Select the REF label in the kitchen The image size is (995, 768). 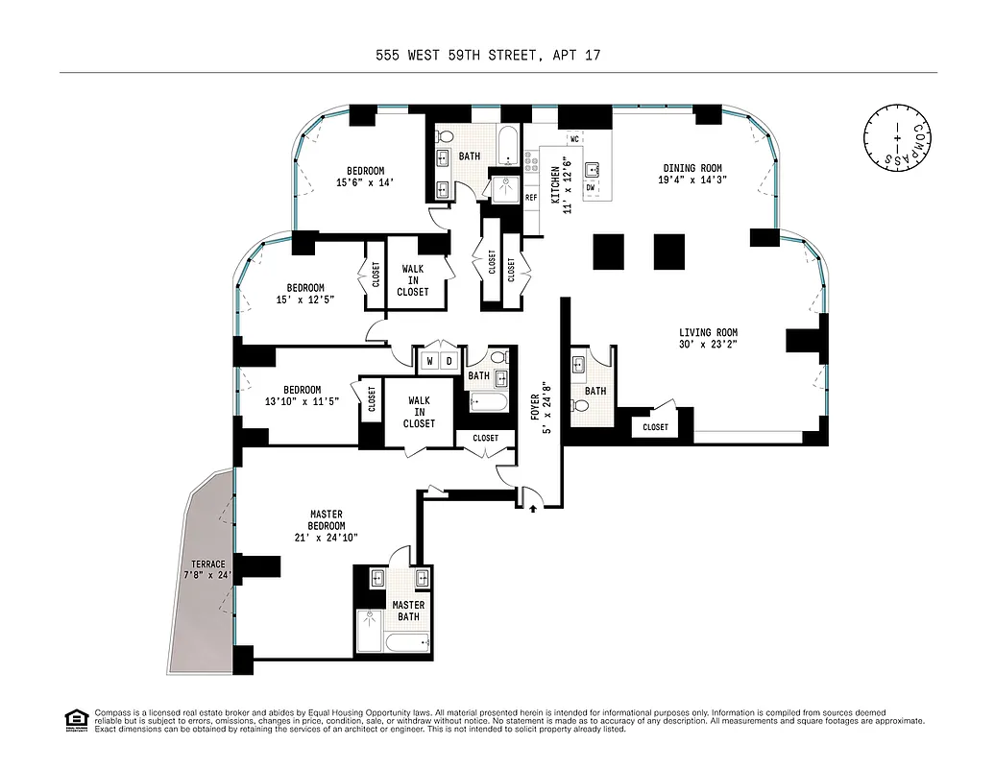click(x=531, y=198)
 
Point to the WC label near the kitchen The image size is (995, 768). click(x=574, y=139)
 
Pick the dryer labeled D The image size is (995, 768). click(x=449, y=362)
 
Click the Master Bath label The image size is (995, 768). click(x=408, y=611)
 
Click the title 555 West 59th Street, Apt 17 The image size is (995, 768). click(x=488, y=56)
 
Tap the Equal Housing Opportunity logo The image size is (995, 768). click(x=74, y=719)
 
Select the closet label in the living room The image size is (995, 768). click(x=655, y=427)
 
